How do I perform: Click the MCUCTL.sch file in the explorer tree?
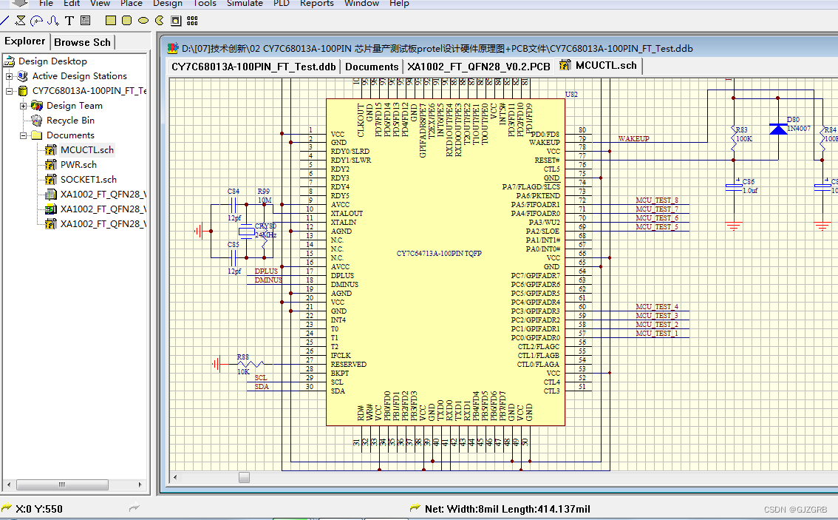point(86,149)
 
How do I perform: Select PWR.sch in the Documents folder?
point(78,164)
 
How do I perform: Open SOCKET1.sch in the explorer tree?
point(88,179)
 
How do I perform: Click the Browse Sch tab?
point(82,42)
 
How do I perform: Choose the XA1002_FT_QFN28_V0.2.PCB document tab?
point(479,66)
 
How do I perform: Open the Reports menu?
point(316,4)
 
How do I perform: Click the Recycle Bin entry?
point(70,120)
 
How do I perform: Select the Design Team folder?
point(74,105)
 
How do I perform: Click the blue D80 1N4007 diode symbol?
point(777,129)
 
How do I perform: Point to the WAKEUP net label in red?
point(633,138)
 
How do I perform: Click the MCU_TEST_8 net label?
point(656,200)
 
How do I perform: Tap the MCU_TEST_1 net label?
point(656,334)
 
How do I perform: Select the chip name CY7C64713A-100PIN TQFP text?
point(439,254)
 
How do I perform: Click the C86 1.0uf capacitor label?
point(749,186)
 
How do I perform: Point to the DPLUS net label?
point(266,271)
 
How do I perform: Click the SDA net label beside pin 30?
point(262,387)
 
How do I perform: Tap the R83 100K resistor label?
point(743,134)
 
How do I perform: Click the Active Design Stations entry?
point(79,75)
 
